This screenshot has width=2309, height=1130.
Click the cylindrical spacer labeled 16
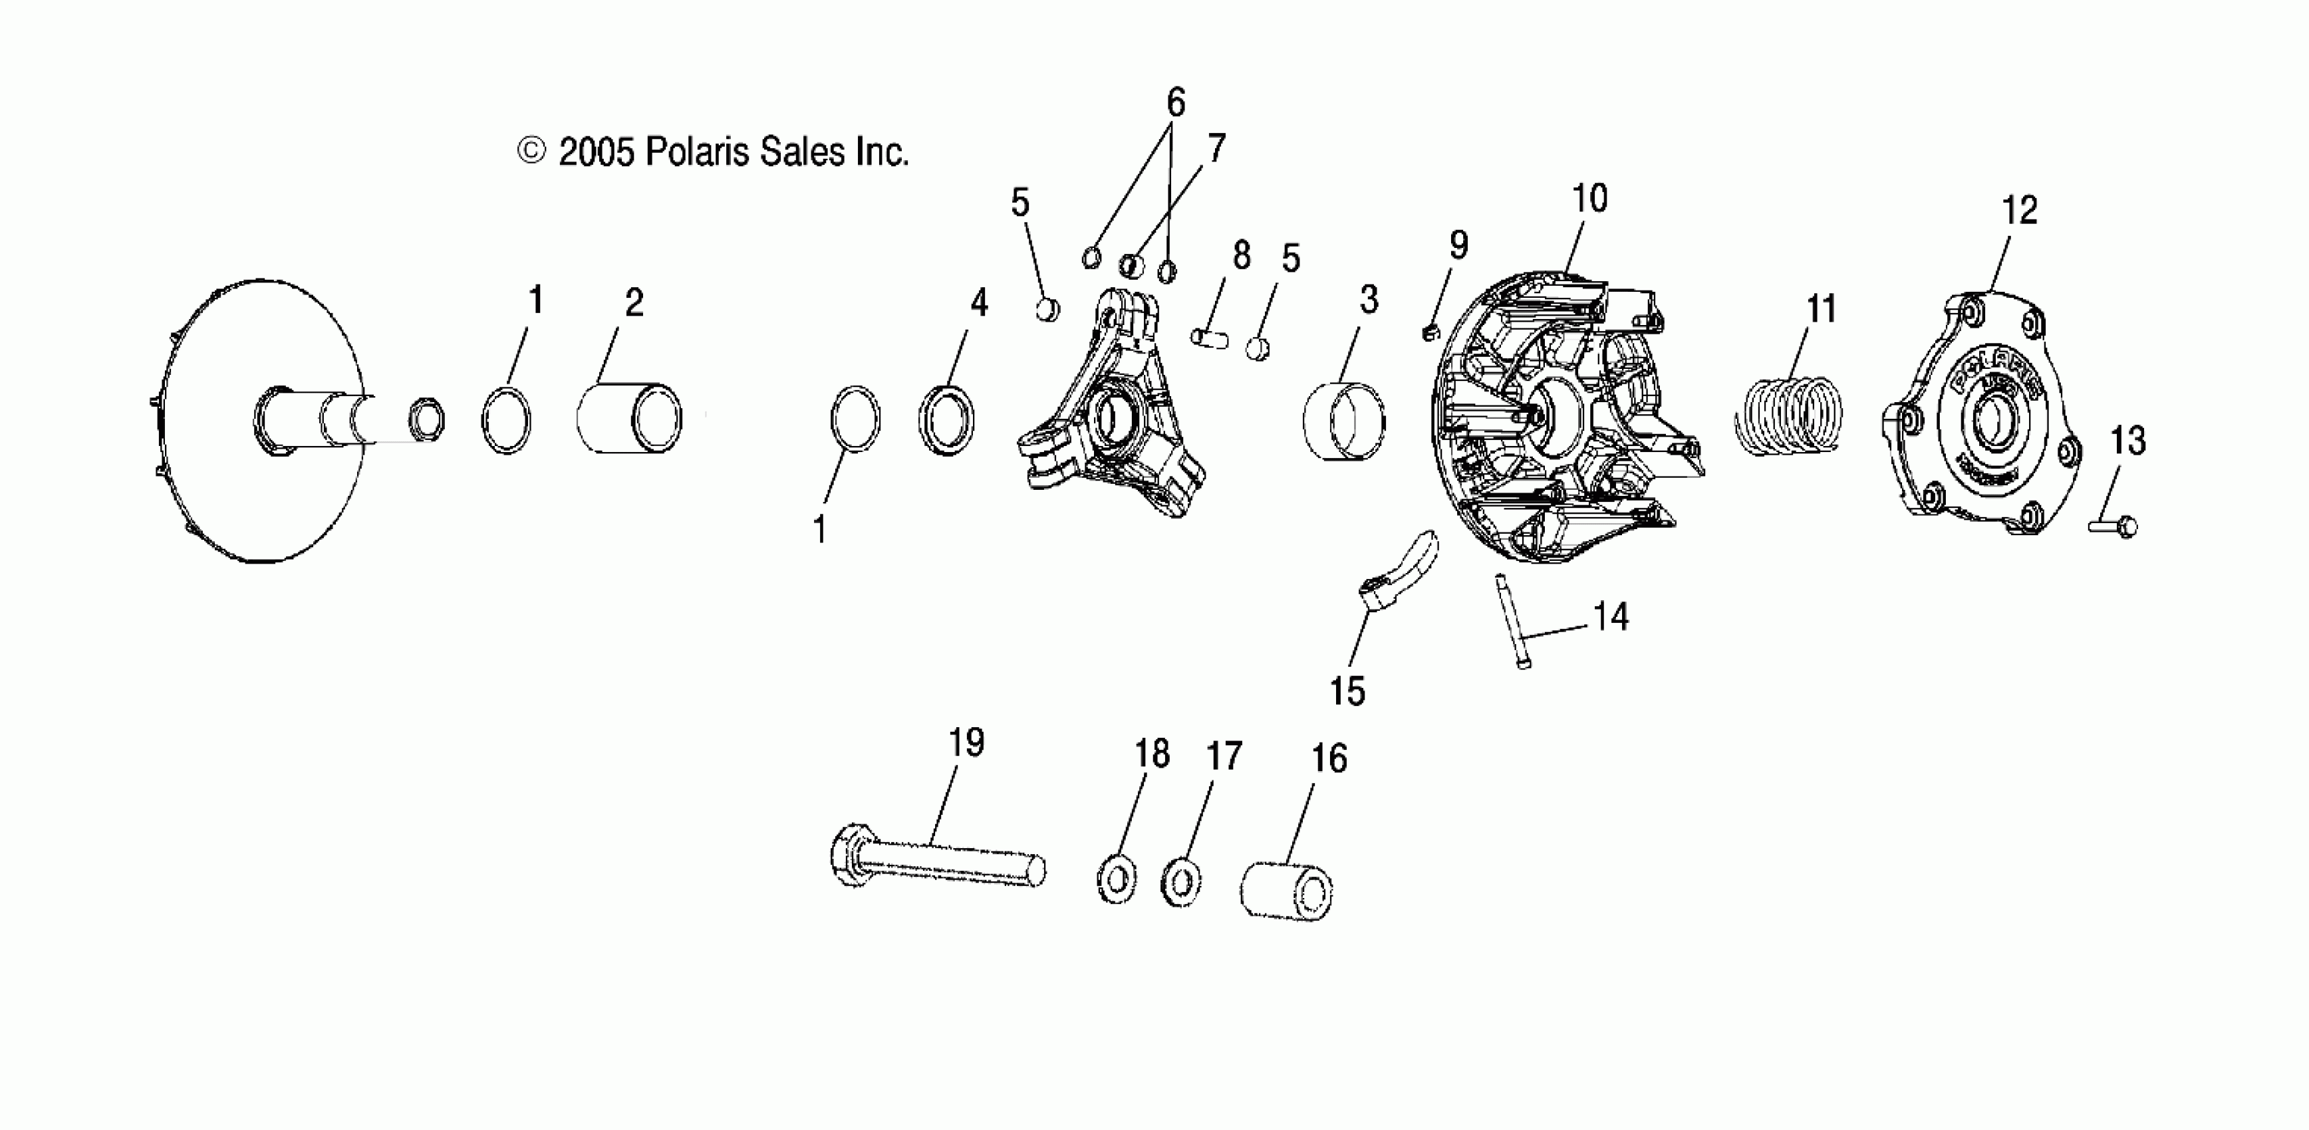click(1286, 890)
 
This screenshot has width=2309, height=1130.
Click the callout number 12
click(2020, 211)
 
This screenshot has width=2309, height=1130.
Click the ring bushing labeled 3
click(1343, 420)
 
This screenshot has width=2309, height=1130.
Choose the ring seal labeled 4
click(946, 419)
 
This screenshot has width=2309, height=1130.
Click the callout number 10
click(1589, 198)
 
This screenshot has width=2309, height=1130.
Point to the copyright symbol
click(531, 150)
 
